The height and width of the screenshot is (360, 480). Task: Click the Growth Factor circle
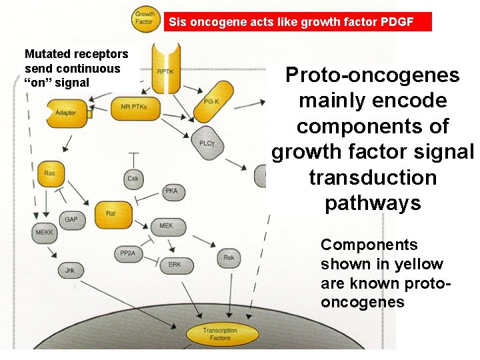[x=145, y=18]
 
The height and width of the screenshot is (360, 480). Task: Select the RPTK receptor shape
[x=166, y=70]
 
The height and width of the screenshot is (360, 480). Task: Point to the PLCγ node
[x=207, y=143]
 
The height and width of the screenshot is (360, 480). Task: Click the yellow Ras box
[x=50, y=173]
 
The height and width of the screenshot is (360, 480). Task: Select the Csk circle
[x=133, y=178]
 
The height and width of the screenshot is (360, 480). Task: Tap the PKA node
[x=171, y=192]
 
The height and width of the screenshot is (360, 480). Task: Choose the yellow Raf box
[x=111, y=213]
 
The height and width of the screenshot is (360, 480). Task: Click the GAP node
[x=71, y=219]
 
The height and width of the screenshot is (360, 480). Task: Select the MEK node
[x=166, y=226]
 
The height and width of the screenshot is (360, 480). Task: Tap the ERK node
[x=175, y=265]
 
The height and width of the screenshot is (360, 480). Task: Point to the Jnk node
[x=70, y=271]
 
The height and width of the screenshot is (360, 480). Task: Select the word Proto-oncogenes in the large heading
[x=372, y=75]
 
